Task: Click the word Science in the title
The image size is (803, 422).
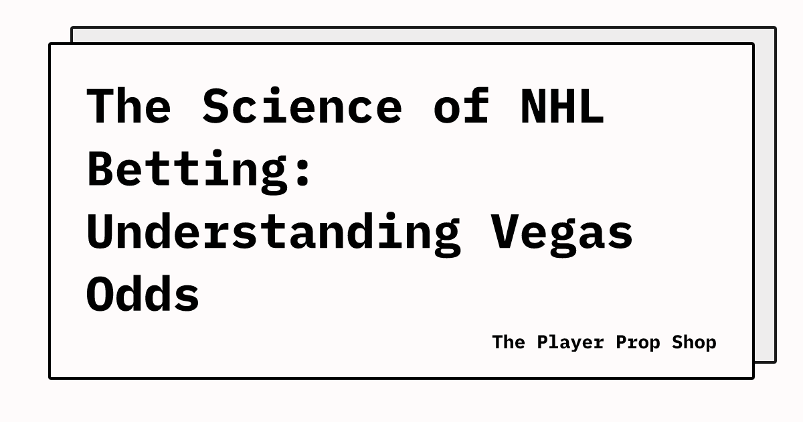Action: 302,106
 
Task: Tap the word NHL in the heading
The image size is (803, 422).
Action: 561,106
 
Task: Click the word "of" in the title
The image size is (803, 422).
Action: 460,106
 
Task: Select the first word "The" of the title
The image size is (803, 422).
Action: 129,106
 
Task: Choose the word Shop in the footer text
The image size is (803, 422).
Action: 693,342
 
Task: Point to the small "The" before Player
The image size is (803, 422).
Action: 509,342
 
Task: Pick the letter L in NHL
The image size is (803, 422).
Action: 590,106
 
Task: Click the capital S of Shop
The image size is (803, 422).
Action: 673,342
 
